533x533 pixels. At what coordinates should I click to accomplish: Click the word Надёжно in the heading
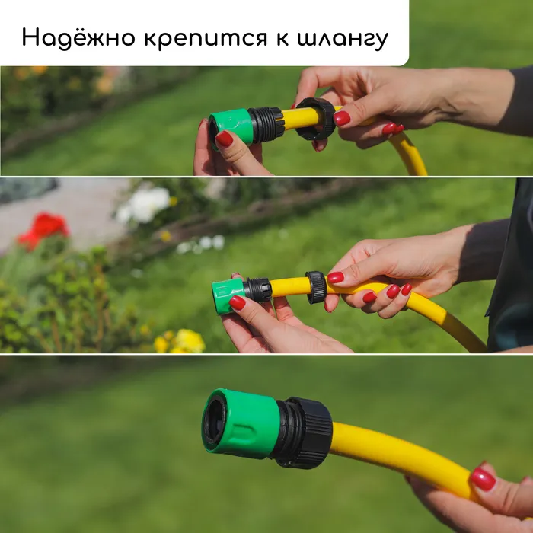click(78, 37)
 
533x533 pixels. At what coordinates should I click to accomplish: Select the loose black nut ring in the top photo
click(315, 119)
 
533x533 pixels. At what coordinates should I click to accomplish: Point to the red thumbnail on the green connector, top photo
click(224, 139)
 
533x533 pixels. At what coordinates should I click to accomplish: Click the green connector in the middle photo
click(227, 295)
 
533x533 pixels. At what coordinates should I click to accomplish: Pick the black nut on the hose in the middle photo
click(316, 287)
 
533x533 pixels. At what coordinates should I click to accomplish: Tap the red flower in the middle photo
click(43, 229)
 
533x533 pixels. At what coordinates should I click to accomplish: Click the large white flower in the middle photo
click(145, 205)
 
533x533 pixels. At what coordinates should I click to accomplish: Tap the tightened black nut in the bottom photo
click(305, 432)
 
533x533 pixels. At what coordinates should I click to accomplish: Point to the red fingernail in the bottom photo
click(483, 479)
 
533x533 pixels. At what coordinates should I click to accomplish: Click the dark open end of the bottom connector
click(214, 423)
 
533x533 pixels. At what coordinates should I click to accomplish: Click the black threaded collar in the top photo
click(266, 124)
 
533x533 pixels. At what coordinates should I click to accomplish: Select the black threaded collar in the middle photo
click(257, 290)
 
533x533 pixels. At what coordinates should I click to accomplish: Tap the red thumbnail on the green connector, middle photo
click(237, 302)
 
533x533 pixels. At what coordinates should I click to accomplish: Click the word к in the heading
click(282, 38)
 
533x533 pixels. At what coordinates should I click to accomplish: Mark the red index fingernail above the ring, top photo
click(342, 118)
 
